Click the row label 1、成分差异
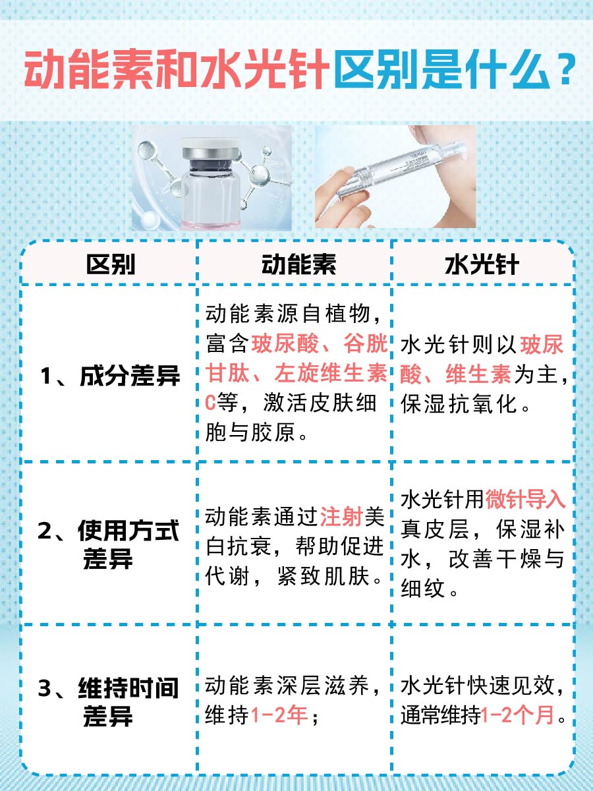click(x=110, y=376)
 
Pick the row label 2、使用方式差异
click(x=109, y=544)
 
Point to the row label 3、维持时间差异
click(x=109, y=701)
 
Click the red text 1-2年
click(x=279, y=715)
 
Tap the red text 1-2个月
click(x=518, y=715)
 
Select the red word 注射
click(x=342, y=517)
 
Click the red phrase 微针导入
click(x=526, y=500)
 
